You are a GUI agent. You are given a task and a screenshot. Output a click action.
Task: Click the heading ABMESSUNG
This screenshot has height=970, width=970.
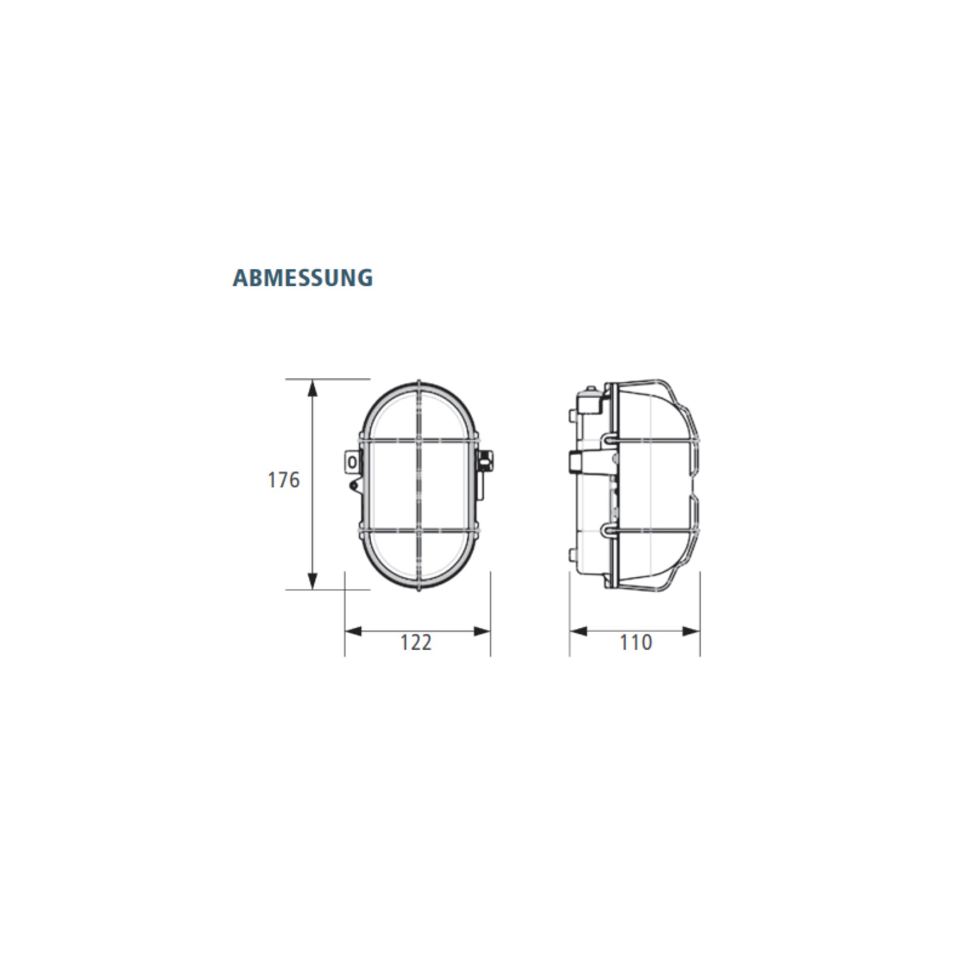303,278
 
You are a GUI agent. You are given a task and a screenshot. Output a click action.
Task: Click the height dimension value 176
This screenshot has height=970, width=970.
283,479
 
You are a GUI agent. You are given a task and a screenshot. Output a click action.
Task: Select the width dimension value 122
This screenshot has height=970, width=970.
416,643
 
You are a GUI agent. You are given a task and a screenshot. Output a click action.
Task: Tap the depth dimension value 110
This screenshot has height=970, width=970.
636,643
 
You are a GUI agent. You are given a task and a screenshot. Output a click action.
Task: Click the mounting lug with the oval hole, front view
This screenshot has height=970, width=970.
352,462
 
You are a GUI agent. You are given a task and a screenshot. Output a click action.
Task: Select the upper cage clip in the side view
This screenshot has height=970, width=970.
609,440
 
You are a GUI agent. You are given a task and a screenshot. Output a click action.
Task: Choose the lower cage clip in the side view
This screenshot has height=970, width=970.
609,529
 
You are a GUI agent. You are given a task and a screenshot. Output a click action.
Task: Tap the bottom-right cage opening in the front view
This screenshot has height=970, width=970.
445,556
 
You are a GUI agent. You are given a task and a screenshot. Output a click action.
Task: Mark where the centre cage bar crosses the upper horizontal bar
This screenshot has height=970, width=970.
419,441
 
